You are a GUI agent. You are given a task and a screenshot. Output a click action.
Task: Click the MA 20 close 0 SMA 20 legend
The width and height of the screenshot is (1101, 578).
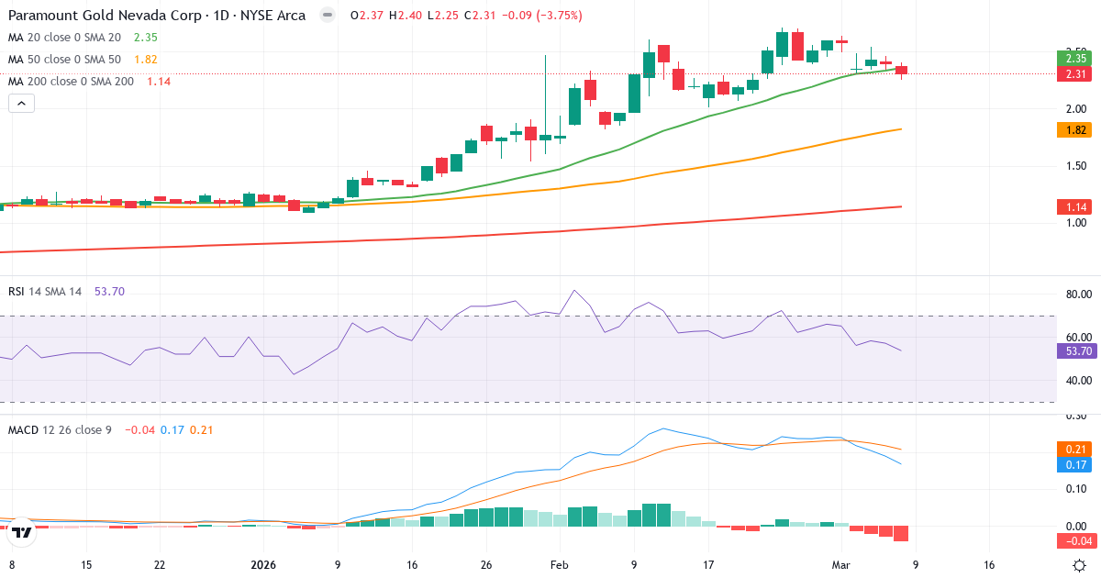click(64, 37)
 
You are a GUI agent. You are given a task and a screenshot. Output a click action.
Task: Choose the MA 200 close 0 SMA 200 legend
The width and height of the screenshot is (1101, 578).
click(71, 81)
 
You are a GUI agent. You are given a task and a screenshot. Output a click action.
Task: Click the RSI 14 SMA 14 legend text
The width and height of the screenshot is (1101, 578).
click(45, 291)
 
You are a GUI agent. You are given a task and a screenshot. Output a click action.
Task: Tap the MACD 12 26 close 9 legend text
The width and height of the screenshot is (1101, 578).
click(60, 429)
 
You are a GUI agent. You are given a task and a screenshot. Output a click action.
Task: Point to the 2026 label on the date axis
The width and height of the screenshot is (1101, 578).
click(263, 564)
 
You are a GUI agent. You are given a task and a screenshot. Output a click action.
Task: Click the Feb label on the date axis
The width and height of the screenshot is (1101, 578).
click(558, 564)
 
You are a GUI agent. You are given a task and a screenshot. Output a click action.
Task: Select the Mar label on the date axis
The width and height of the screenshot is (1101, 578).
click(840, 564)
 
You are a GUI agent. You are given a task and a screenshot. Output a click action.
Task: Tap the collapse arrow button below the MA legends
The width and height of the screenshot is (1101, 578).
click(21, 104)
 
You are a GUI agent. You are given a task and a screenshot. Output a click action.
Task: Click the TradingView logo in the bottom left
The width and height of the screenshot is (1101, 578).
click(22, 531)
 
